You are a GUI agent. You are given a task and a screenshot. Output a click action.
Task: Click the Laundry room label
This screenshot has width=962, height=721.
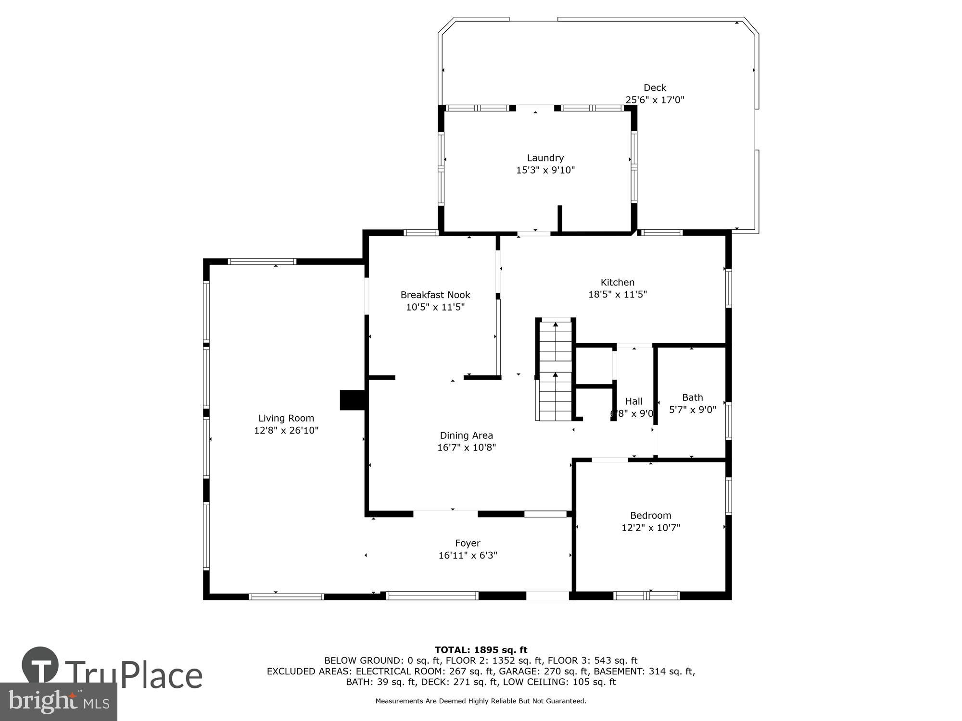point(545,158)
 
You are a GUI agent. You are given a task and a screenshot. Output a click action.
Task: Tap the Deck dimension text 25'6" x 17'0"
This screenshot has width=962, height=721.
point(655,100)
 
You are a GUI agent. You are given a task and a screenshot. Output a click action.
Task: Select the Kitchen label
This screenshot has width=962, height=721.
point(617,282)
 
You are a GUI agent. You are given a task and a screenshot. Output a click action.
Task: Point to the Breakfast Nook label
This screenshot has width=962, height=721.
point(435,295)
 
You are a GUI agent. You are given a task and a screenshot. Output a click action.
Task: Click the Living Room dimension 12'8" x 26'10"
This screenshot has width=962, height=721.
point(286,430)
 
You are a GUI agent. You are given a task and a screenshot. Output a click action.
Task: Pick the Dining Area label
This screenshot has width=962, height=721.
point(466,435)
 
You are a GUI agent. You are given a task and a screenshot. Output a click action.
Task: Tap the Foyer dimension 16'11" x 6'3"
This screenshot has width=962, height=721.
point(468,555)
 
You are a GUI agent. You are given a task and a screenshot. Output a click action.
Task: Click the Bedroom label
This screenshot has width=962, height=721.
point(650,515)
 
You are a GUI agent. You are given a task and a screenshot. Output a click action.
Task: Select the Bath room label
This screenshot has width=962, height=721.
point(692,397)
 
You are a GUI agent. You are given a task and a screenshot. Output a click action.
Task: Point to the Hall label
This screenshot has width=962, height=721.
point(633,401)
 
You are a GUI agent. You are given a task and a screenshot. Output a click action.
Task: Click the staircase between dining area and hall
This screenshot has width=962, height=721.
point(556,370)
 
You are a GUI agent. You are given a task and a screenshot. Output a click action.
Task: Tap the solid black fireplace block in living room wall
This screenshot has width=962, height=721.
point(353,400)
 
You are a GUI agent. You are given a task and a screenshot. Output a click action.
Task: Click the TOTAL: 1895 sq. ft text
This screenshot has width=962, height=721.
point(481,650)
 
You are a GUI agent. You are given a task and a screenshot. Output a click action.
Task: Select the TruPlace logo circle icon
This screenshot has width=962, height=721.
point(40,665)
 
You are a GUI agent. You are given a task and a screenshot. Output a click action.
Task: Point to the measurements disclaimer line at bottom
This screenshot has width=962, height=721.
point(481,701)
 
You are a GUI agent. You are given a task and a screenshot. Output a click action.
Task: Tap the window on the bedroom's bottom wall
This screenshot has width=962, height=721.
point(646,596)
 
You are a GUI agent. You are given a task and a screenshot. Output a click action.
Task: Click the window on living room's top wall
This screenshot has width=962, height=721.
point(262,261)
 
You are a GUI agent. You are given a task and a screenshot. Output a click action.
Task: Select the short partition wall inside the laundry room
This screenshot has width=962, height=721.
point(559,219)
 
